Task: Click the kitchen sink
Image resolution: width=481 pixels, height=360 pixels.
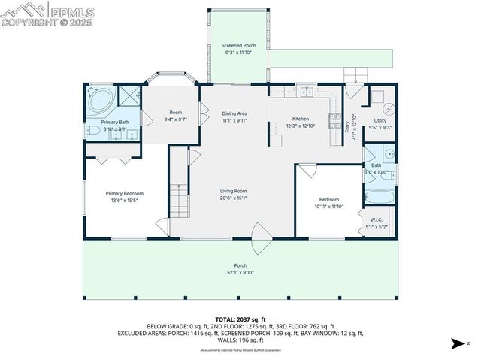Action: pos(306,92)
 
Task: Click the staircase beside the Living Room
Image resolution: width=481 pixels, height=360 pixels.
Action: pos(179,199)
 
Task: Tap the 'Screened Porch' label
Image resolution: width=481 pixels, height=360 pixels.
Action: pos(238,46)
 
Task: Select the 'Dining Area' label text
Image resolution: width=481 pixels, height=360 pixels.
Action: pos(235,113)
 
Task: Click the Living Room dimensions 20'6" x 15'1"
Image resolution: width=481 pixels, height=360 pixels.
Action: pos(234,198)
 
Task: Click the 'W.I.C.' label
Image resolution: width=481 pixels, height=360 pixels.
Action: pos(377,220)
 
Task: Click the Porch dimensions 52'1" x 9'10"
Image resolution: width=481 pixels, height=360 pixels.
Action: pos(240,272)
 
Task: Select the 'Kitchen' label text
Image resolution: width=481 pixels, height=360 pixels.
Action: pos(301,119)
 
